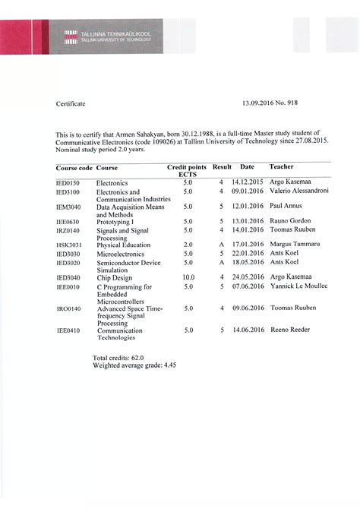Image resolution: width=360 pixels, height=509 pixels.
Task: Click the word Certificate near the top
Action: click(71, 103)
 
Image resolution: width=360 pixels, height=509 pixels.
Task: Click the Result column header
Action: click(222, 166)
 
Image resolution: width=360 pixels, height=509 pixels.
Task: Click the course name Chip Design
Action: click(114, 278)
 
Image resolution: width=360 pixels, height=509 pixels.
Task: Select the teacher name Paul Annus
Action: click(287, 207)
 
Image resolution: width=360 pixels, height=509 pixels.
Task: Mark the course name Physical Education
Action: click(121, 245)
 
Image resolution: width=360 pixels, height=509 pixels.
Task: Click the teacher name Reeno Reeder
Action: click(292, 331)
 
